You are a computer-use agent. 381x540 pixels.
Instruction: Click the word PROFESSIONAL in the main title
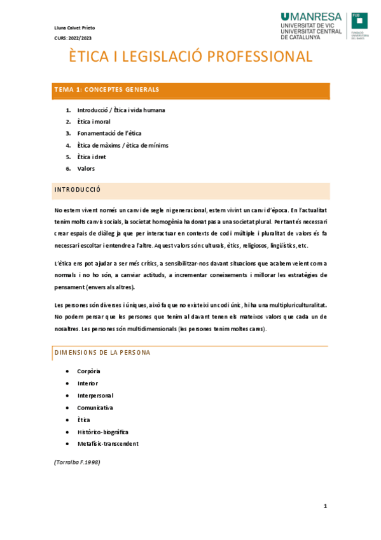(258, 57)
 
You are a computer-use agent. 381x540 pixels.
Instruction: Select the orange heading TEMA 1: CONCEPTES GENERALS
(107, 90)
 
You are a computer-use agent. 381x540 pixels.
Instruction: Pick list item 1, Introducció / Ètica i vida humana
(121, 110)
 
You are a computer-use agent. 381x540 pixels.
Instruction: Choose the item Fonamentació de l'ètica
(109, 133)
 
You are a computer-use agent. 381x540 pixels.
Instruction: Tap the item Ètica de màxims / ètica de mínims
(123, 145)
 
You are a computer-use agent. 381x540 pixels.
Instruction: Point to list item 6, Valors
(86, 168)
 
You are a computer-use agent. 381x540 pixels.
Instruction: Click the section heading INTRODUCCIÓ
(78, 190)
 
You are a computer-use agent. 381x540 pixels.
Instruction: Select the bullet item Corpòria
(88, 371)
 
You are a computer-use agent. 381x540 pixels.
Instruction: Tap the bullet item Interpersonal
(95, 395)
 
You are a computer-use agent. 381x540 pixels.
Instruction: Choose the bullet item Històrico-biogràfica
(102, 432)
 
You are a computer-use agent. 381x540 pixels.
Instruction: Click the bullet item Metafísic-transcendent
(107, 444)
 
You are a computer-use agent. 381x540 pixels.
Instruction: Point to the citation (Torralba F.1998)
(77, 461)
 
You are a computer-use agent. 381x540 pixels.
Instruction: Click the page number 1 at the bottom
(325, 506)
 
